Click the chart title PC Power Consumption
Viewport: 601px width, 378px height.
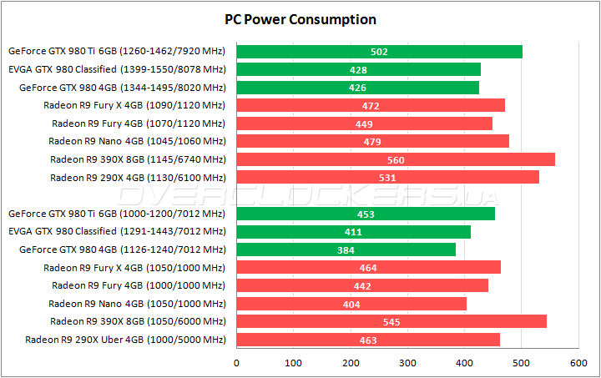[300, 19]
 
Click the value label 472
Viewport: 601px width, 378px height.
[371, 105]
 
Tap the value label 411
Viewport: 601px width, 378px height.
[353, 231]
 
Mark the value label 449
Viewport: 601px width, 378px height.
[364, 123]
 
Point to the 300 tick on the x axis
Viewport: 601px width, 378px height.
[408, 363]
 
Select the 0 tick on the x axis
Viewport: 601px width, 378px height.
[237, 363]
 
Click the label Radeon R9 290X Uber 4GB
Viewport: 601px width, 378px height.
[125, 340]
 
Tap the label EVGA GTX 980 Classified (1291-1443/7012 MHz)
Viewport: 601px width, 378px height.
[116, 231]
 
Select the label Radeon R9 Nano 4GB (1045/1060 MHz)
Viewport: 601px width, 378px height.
[137, 141]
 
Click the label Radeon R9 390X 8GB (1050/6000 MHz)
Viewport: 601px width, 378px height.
[138, 321]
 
